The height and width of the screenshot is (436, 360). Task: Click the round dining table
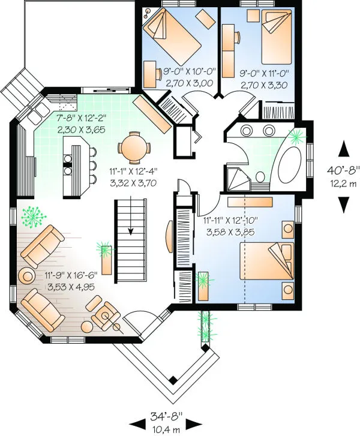(131, 146)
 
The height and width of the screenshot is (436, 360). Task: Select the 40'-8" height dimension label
(343, 175)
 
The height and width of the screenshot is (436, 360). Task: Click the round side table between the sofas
(28, 276)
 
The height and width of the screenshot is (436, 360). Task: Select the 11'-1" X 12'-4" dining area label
(134, 178)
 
